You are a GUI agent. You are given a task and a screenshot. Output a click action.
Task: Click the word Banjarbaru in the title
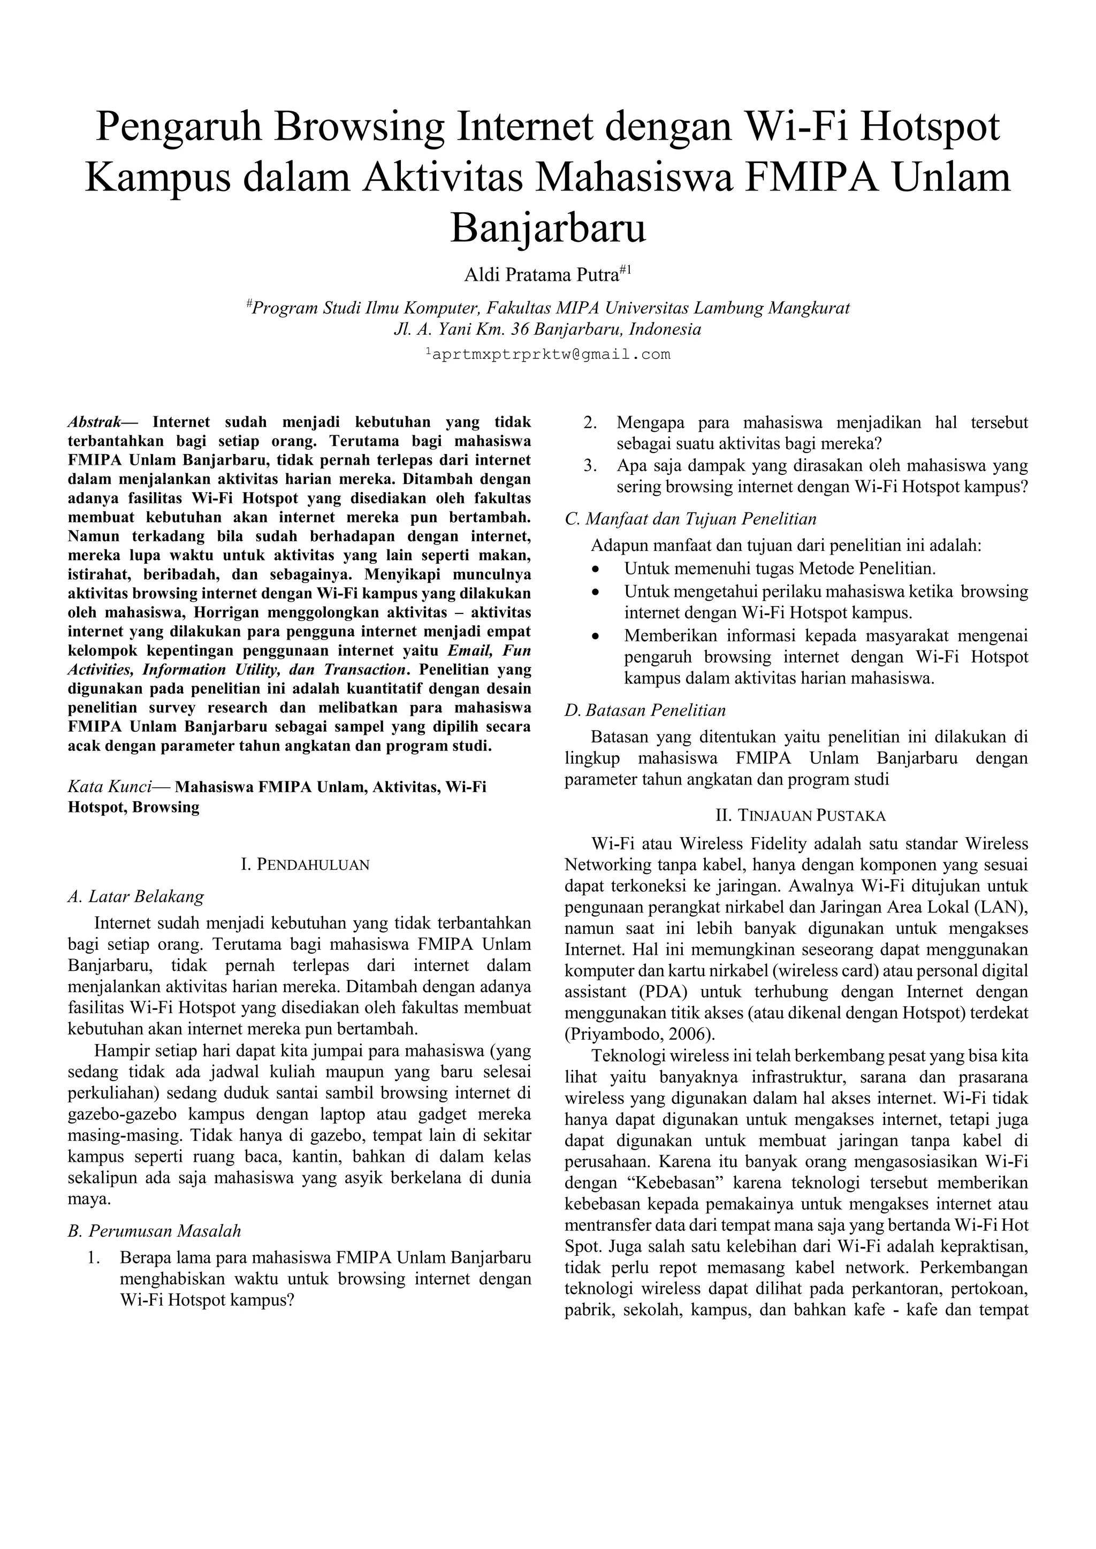[547, 229]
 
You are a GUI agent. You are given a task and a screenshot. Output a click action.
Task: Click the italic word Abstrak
[95, 423]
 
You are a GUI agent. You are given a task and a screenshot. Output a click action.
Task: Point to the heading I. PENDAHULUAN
[305, 865]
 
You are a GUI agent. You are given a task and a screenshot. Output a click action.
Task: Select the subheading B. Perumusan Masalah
[155, 1231]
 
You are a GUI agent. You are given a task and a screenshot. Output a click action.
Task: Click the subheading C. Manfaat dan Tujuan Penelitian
[690, 519]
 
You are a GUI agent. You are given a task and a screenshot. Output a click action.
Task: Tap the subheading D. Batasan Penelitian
[645, 710]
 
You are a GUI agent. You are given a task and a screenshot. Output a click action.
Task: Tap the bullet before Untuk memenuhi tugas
[595, 570]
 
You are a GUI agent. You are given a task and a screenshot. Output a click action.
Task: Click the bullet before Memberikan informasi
[595, 636]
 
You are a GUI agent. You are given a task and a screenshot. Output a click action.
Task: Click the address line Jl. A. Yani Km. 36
[547, 330]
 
